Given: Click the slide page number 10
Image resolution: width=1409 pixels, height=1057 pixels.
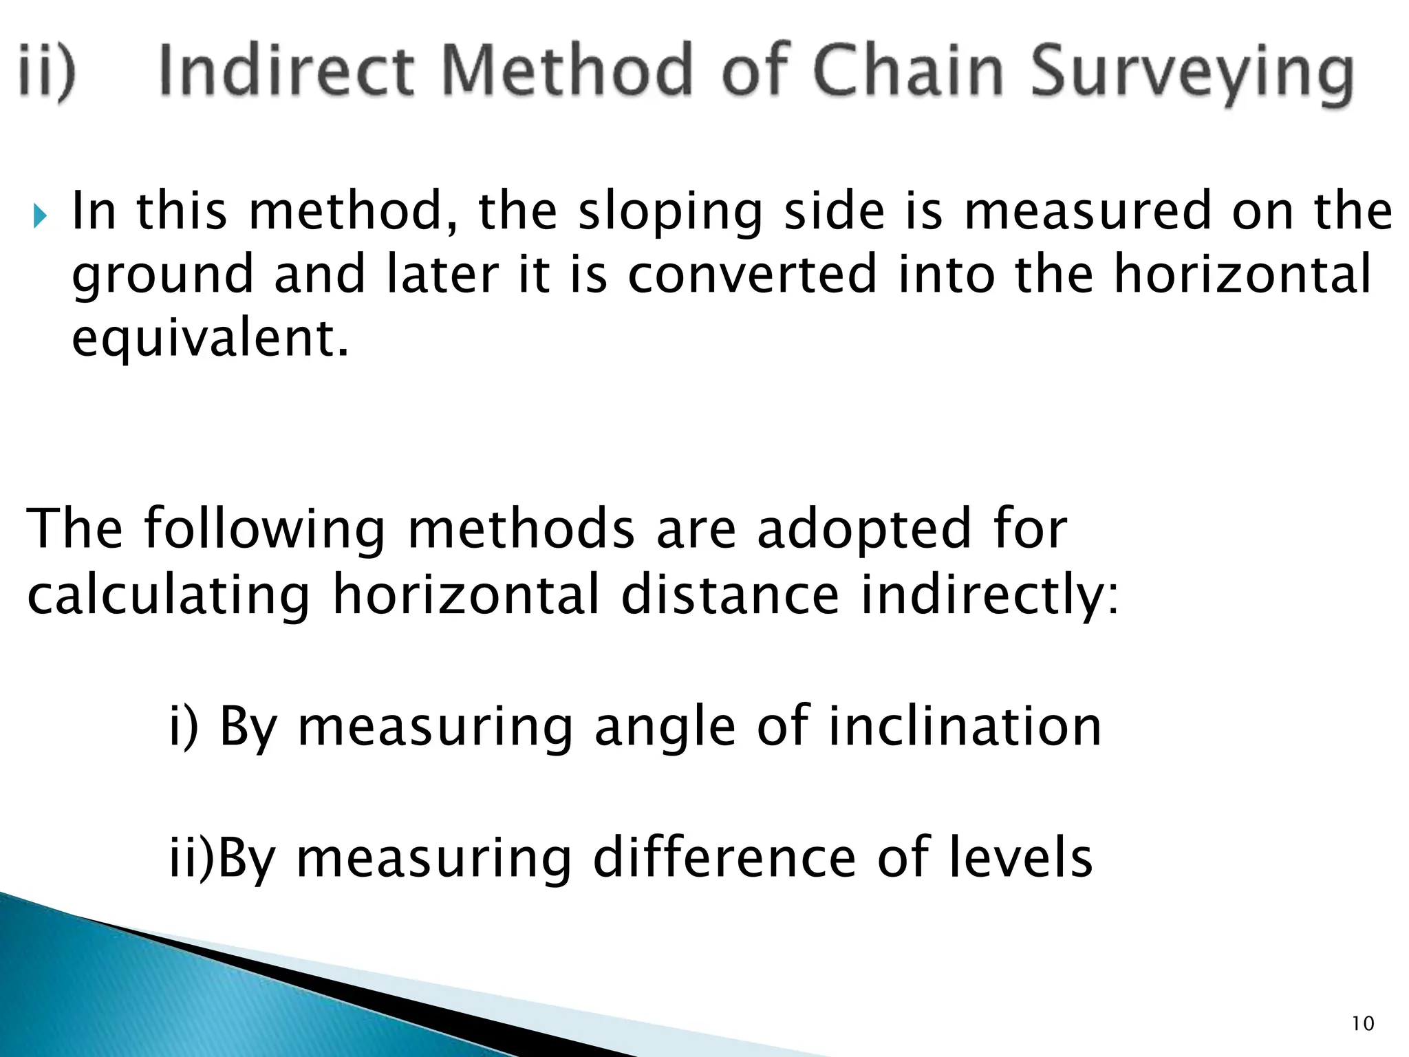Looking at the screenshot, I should tap(1362, 1024).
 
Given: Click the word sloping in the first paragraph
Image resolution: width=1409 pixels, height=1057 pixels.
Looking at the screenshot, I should tap(671, 213).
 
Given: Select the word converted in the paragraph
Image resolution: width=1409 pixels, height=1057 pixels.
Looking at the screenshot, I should tap(753, 275).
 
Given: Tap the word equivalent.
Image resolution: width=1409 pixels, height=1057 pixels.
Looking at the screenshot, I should tap(210, 340).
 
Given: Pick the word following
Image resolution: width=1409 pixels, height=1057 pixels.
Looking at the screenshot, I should tap(264, 531).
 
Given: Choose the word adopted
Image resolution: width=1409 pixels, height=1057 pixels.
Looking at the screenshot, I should tap(863, 531).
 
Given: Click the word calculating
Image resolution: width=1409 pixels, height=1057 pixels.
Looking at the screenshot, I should tap(169, 596).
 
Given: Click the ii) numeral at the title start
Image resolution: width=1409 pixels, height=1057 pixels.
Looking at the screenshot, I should tap(47, 73).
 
